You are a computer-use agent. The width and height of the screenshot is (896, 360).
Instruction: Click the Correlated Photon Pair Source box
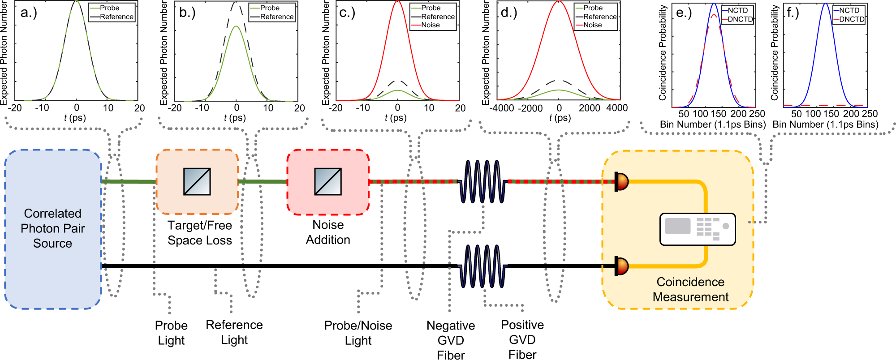pyautogui.click(x=53, y=228)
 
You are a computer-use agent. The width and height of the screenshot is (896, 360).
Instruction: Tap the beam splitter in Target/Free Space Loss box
pyautogui.click(x=197, y=181)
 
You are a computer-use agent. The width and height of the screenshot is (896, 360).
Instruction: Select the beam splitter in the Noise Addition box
pyautogui.click(x=328, y=181)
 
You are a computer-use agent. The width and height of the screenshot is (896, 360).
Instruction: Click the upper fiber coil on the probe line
pyautogui.click(x=482, y=181)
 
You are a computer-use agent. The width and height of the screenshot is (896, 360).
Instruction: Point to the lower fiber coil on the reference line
pyautogui.click(x=482, y=266)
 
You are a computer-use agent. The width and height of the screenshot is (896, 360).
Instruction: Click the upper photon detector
pyautogui.click(x=621, y=181)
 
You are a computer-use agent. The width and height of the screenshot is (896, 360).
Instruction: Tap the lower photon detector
pyautogui.click(x=621, y=266)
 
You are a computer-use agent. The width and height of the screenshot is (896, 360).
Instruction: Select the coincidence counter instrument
pyautogui.click(x=698, y=229)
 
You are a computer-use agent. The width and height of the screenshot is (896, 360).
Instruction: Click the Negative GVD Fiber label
pyautogui.click(x=451, y=340)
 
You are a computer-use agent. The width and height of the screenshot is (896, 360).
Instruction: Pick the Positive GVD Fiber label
pyautogui.click(x=522, y=339)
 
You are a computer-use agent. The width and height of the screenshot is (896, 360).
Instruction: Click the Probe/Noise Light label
pyautogui.click(x=358, y=333)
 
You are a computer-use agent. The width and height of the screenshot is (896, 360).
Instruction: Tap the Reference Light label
pyautogui.click(x=234, y=332)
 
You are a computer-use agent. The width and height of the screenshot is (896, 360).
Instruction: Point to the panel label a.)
pyautogui.click(x=29, y=12)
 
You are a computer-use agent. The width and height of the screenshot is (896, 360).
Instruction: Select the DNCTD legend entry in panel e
pyautogui.click(x=740, y=19)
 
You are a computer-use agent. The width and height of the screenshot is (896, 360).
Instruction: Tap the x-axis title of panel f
pyautogui.click(x=825, y=124)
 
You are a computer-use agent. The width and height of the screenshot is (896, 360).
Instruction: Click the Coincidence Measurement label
pyautogui.click(x=690, y=289)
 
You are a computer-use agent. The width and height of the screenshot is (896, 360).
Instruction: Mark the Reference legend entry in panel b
pyautogui.click(x=276, y=17)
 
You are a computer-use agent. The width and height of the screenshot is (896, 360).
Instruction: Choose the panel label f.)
pyautogui.click(x=793, y=12)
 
